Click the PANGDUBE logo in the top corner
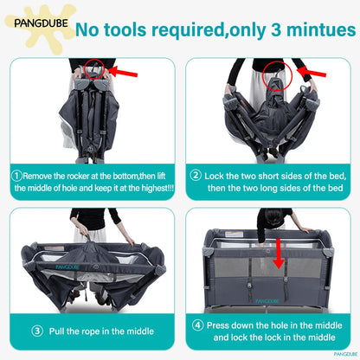[41, 23]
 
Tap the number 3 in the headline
[276, 29]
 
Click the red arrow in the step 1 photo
[123, 72]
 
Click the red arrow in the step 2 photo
[312, 72]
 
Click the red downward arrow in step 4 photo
[279, 254]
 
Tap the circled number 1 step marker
[16, 176]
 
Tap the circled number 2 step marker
[196, 175]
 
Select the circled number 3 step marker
[37, 331]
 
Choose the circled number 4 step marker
[198, 325]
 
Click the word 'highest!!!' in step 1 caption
[157, 188]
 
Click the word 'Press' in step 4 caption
[218, 325]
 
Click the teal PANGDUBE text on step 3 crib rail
[67, 267]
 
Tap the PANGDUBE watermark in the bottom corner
[345, 354]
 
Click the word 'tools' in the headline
[125, 29]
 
